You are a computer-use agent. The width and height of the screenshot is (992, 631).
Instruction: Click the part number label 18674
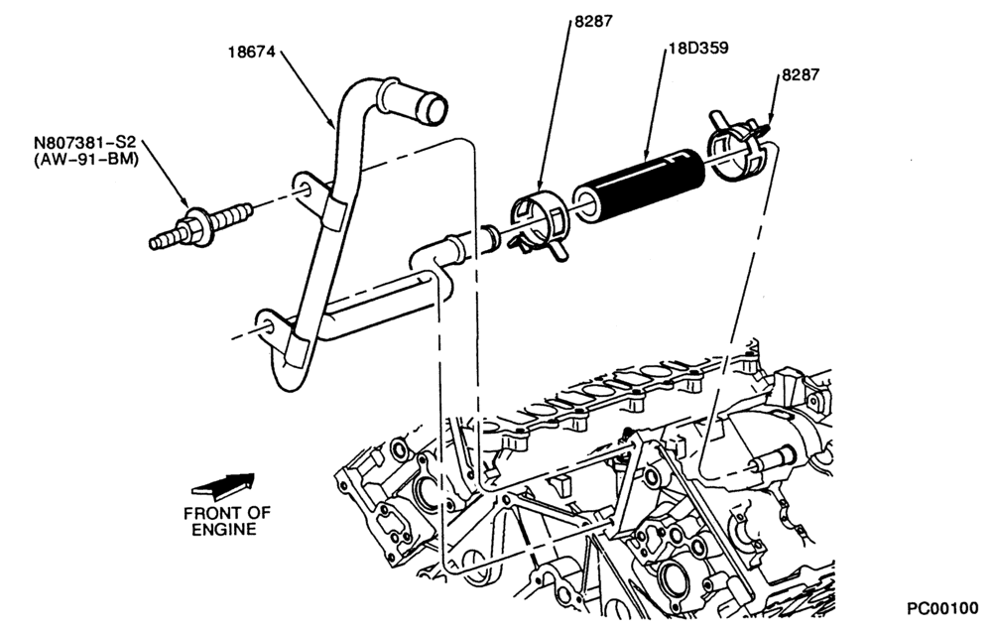point(252,52)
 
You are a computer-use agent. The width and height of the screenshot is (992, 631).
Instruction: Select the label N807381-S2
point(86,143)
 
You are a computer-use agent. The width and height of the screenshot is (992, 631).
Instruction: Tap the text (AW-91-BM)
point(86,159)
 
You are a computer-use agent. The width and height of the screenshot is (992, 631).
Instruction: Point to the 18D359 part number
point(698,48)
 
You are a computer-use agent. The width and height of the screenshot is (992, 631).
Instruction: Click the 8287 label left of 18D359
point(593,21)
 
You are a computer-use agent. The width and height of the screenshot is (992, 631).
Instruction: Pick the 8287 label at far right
point(801,74)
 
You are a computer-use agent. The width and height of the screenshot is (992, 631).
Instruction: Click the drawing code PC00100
point(942,608)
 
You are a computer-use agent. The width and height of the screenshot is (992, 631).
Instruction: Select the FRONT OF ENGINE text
point(226,521)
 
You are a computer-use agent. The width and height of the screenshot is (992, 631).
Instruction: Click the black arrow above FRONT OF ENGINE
point(222,484)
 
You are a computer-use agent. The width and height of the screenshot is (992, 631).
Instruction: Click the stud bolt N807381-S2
point(201,225)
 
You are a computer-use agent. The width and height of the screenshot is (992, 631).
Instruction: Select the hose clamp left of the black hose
point(540,224)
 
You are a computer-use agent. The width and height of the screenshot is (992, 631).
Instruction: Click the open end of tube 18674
point(434,109)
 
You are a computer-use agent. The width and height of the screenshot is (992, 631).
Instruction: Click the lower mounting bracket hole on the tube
point(268,327)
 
